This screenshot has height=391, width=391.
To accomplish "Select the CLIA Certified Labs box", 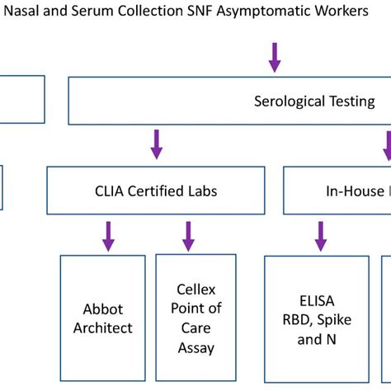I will click(156, 191).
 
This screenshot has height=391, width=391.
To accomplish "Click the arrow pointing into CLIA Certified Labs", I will click(156, 144).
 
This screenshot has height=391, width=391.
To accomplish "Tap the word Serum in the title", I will click(93, 15).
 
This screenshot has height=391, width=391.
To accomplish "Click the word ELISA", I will click(318, 301).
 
